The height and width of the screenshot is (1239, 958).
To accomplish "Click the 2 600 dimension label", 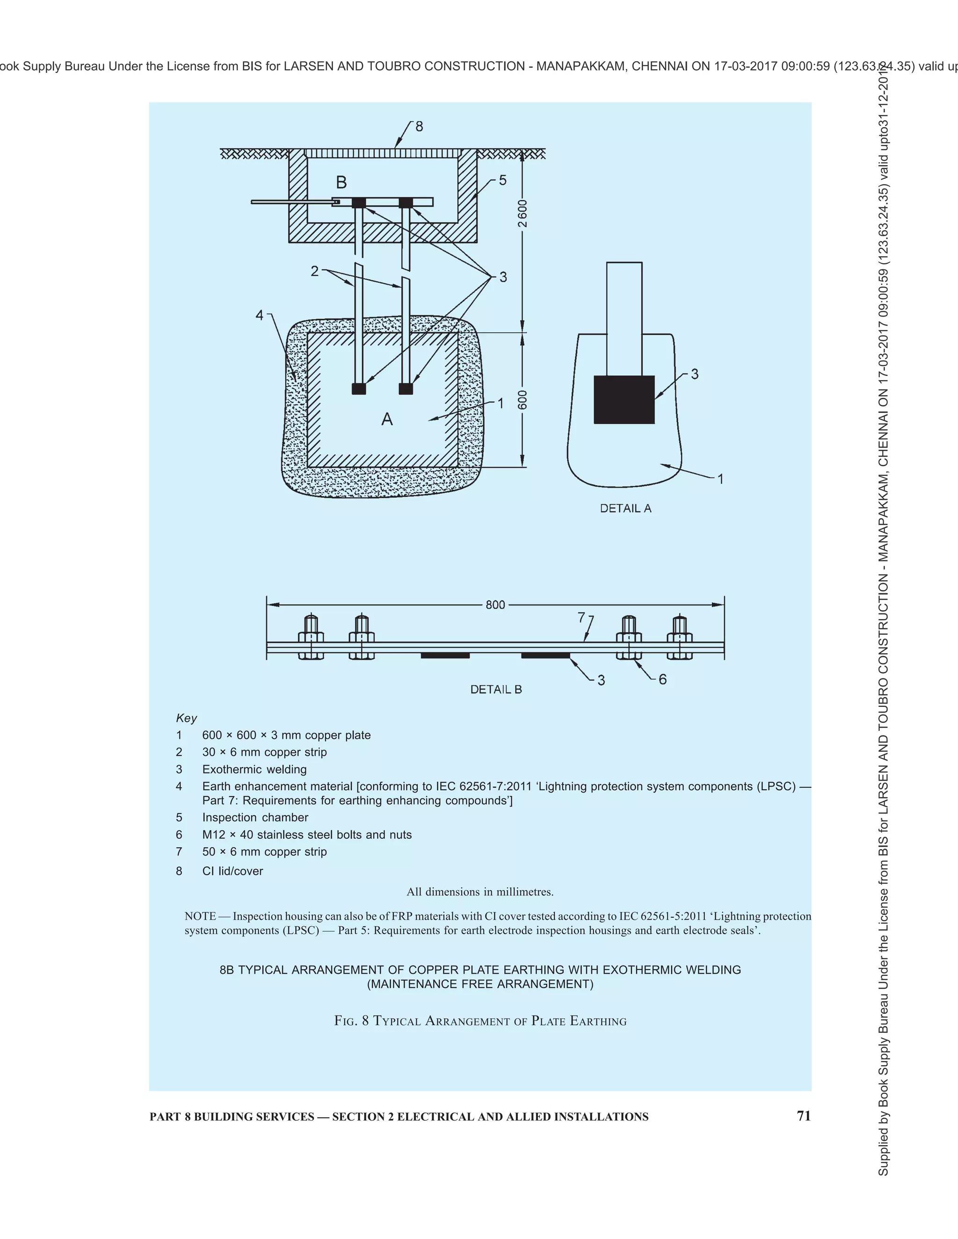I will tap(523, 213).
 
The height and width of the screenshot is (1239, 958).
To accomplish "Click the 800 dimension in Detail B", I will tap(495, 605).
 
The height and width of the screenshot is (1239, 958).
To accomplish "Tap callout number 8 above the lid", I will tap(420, 127).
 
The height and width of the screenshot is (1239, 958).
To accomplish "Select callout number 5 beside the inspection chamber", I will tap(502, 180).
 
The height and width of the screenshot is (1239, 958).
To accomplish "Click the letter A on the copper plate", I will tap(387, 419).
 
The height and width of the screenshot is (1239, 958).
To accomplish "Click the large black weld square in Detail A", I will tap(624, 399).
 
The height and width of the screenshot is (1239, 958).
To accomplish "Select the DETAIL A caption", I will tap(625, 508).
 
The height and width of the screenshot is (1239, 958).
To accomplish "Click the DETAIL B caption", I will tap(496, 689).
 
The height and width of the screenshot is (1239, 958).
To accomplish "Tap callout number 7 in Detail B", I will tap(581, 617).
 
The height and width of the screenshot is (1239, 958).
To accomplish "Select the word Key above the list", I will tap(186, 718).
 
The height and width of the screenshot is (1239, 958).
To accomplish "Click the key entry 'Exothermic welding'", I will tap(254, 769).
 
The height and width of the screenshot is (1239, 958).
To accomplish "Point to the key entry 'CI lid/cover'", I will tap(232, 871).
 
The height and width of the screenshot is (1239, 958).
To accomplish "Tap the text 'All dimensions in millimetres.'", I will tap(479, 892).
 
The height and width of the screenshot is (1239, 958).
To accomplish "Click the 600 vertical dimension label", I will tap(523, 399).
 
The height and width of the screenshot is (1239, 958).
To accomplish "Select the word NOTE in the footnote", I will tap(200, 916).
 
